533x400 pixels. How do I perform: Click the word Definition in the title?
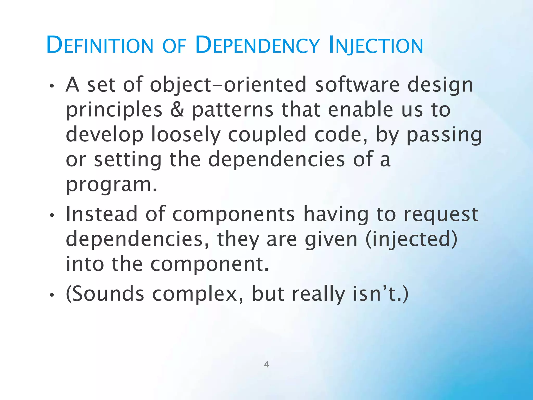tap(100, 45)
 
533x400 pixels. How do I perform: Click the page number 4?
tap(266, 364)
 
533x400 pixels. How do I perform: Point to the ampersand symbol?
tap(177, 110)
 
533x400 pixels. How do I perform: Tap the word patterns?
tap(232, 110)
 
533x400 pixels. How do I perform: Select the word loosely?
tap(186, 135)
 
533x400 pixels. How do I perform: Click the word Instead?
tap(101, 214)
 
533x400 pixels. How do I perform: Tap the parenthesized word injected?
tap(411, 239)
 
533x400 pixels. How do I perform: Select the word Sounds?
tap(105, 294)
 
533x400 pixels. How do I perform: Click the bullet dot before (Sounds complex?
tap(52, 295)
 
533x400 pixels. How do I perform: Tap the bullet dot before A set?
tap(52, 86)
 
